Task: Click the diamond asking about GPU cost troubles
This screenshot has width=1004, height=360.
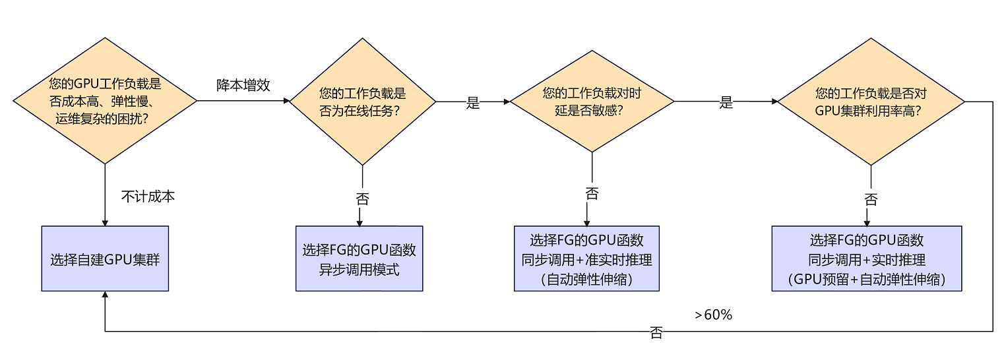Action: point(105,101)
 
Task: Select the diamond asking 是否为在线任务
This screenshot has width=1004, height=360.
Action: point(362,102)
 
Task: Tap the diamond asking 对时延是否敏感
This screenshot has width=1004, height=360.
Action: point(592,102)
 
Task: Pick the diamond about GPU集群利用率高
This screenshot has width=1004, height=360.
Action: point(871,102)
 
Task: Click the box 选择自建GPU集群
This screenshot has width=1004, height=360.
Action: point(105,258)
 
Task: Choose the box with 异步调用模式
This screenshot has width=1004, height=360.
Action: point(359,258)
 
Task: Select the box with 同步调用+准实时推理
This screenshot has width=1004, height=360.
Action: point(586,258)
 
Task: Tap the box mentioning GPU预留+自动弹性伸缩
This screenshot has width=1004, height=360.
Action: point(866,258)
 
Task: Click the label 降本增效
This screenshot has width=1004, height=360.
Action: point(243,85)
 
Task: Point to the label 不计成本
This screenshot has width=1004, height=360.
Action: point(148,196)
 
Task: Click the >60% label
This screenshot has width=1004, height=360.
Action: point(713,315)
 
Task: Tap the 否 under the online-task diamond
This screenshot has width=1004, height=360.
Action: point(362,198)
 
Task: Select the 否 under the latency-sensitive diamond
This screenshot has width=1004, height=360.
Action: point(592,194)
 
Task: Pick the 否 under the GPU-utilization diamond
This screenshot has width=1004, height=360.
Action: point(871,199)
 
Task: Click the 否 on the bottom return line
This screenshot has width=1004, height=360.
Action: point(656,333)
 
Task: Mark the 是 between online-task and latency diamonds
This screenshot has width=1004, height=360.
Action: point(473,103)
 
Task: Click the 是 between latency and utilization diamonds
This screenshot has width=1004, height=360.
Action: point(726,103)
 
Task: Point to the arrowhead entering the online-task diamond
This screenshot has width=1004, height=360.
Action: point(287,102)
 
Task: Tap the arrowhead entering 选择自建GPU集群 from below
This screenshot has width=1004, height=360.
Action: point(105,295)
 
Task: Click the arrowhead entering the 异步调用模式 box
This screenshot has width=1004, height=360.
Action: point(360,222)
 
